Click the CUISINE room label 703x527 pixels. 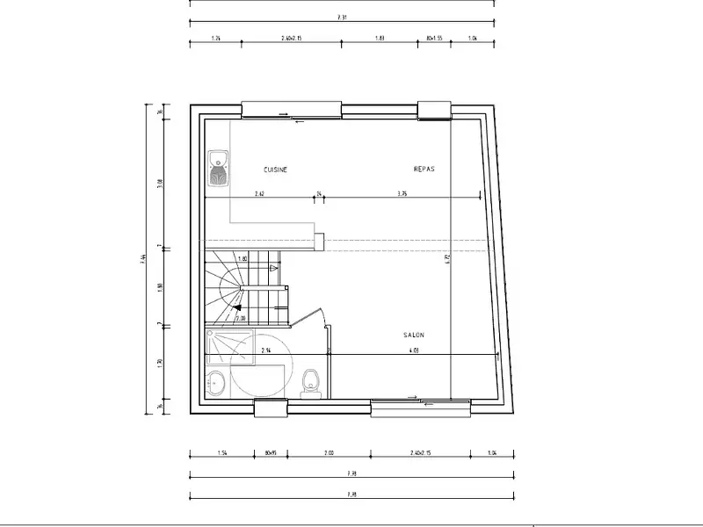[276, 169]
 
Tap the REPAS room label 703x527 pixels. [424, 169]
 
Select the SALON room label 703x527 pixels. [414, 335]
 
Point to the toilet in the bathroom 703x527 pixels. [308, 382]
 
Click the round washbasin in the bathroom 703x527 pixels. [216, 382]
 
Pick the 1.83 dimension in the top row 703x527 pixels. [379, 39]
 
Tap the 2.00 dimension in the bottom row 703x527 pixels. [329, 454]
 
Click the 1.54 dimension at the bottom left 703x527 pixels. [222, 454]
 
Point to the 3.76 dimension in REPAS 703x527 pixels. [402, 193]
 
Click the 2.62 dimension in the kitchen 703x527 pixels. [260, 193]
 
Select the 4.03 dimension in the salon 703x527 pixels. [413, 350]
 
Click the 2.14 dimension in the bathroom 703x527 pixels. [265, 350]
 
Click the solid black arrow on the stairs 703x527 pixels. [238, 307]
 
